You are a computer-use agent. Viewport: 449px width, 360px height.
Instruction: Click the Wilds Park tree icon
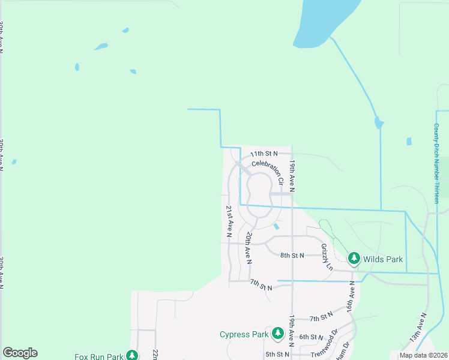[x=354, y=259]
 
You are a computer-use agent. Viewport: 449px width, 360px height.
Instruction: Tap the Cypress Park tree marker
[x=277, y=333]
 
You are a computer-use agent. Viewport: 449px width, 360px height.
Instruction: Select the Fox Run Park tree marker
[x=131, y=356]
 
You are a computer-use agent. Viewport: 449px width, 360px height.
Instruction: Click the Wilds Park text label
[x=383, y=259]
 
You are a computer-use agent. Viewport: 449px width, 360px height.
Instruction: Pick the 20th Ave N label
[x=247, y=248]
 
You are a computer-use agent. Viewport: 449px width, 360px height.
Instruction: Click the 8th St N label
[x=292, y=256]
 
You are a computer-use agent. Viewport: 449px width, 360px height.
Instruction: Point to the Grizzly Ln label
[x=326, y=256]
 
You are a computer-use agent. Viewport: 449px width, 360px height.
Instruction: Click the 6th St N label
[x=312, y=337]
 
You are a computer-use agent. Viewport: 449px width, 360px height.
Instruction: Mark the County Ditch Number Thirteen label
[x=436, y=163]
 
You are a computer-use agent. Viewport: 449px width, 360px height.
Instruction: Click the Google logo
[x=20, y=353]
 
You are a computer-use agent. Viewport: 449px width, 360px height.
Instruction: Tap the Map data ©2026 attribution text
[x=423, y=355]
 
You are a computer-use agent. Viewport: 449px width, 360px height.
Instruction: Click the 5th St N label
[x=277, y=355]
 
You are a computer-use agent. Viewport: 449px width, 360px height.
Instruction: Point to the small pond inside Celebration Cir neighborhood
[x=276, y=227]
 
